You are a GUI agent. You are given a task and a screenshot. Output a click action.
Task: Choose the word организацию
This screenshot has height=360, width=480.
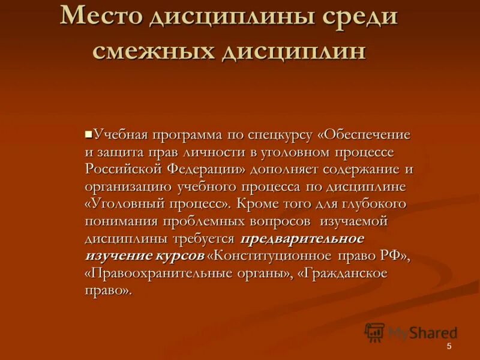pyautogui.click(x=127, y=187)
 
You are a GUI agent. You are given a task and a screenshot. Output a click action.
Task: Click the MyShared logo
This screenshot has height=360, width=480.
pyautogui.click(x=411, y=332)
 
